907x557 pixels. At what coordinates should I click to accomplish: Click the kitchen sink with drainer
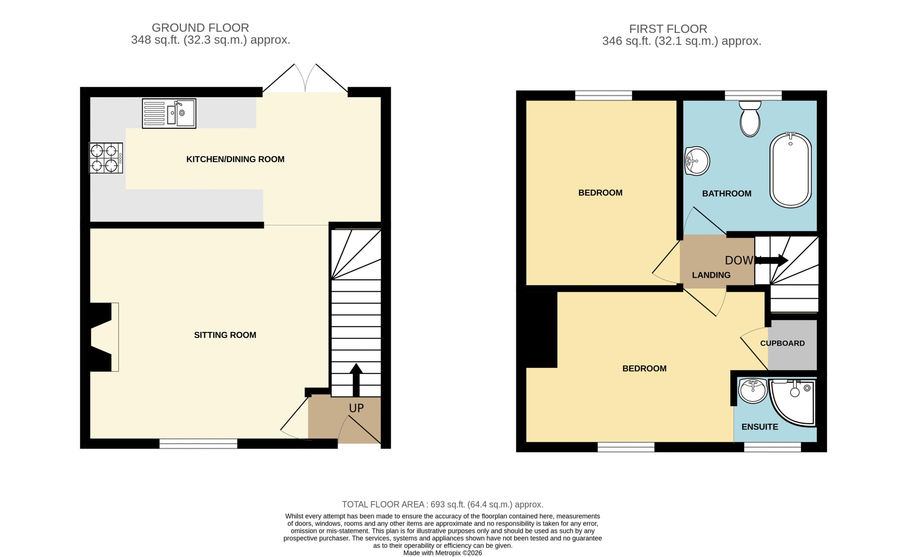169,113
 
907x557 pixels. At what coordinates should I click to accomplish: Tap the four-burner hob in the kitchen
106,158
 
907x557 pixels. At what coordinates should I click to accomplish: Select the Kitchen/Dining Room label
235,159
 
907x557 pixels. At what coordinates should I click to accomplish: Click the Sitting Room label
225,335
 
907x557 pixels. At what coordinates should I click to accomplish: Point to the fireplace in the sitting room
105,337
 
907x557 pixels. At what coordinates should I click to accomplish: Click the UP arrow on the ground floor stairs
356,380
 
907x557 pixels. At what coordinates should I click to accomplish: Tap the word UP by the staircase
356,408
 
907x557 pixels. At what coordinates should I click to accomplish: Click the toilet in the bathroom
750,119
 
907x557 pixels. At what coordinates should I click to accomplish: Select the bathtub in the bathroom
790,170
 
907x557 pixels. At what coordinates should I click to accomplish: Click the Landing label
711,275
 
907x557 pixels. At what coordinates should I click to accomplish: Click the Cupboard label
782,343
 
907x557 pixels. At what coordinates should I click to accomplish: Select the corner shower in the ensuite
792,403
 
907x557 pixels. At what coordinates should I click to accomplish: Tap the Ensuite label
760,427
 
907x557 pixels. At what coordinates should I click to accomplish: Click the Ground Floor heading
200,28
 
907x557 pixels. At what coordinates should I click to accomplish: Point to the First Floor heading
668,29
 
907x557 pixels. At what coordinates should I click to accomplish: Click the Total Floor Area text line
443,504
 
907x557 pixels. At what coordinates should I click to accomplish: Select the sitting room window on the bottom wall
198,444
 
